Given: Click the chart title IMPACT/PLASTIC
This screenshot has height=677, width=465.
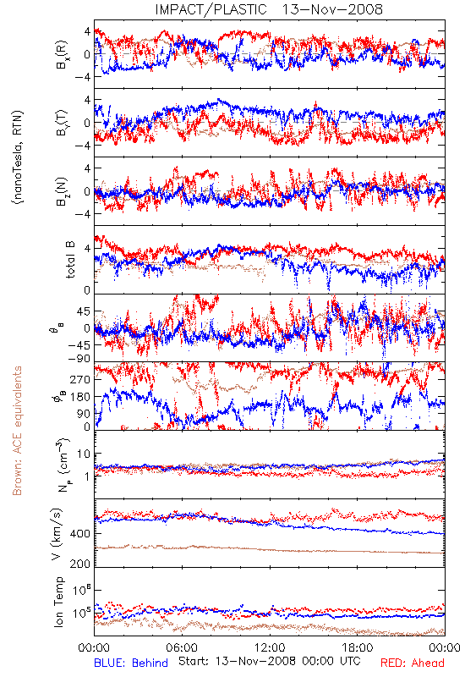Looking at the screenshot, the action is [211, 9].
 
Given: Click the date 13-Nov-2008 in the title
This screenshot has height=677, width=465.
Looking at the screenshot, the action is [332, 9].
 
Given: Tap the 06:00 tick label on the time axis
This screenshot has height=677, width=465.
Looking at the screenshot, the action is [182, 647].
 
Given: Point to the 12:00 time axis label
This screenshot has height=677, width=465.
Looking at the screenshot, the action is [270, 647].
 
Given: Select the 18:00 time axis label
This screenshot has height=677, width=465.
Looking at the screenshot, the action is [358, 647].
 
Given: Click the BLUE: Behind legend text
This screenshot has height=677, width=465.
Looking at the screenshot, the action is [131, 663].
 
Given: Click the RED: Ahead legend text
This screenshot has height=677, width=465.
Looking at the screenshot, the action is [412, 663].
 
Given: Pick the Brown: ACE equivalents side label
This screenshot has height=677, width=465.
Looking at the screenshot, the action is [17, 431].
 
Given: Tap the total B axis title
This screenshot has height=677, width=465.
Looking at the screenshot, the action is [70, 260].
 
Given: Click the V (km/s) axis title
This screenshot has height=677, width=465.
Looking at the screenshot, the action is [57, 534].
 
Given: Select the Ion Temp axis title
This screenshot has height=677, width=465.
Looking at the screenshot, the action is [58, 602].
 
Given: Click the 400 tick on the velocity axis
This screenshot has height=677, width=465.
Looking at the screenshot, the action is [80, 533].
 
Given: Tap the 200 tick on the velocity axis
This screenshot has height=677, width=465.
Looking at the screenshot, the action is [80, 564].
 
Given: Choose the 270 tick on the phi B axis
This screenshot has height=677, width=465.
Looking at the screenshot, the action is [80, 379].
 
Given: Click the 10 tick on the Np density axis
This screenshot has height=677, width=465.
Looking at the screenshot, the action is [84, 454].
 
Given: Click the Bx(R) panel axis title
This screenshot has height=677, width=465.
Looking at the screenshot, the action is [61, 54].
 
